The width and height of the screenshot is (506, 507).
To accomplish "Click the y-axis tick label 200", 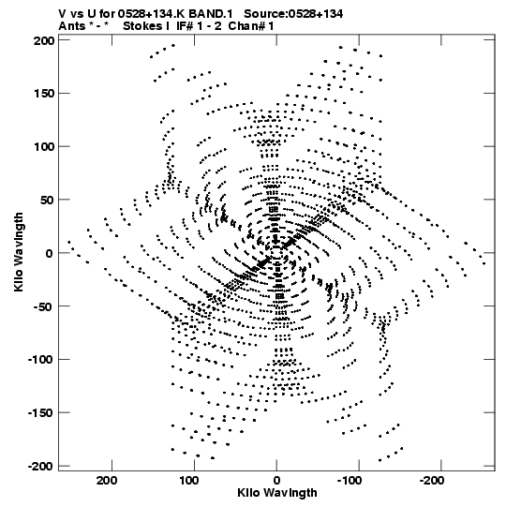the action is pos(43,40).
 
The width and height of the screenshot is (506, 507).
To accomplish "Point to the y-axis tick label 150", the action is pos(43,94).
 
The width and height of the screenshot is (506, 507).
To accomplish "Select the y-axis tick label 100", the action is pos(43,146).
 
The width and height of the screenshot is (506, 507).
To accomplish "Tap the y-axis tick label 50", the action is pos(47,200).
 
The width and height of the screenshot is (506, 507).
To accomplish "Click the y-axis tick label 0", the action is pos(50,253).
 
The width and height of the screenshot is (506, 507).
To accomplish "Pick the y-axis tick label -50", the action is pos(43,306).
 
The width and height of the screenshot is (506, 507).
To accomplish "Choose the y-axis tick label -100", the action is pos(40,359).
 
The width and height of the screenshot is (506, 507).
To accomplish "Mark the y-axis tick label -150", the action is pos(40,412).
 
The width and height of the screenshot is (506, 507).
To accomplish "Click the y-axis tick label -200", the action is pos(40,466).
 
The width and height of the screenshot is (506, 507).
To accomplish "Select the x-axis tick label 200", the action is pos(107,481).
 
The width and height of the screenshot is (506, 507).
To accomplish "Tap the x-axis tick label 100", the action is pos(189,481).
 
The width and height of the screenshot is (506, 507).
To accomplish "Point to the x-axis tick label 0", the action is pos(276,481).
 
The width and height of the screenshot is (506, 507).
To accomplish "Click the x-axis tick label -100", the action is pos(350,481).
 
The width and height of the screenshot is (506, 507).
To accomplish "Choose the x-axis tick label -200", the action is pos(432,481).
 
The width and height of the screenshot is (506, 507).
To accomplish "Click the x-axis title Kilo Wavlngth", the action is pos(277,493).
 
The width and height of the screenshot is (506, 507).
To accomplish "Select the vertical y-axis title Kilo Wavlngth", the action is pos(19,252).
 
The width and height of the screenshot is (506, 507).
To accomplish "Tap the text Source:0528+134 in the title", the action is pos(293,14).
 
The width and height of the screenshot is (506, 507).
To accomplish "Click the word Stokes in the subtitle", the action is pos(142,26).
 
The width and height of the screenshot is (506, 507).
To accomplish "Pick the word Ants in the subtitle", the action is pos(72,26).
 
